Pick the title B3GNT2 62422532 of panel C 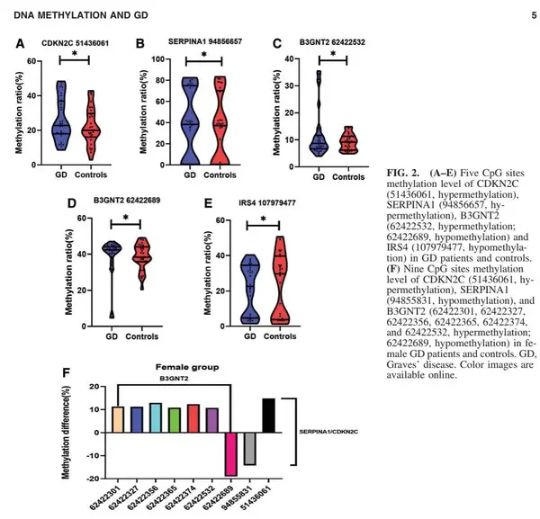tap(328, 41)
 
